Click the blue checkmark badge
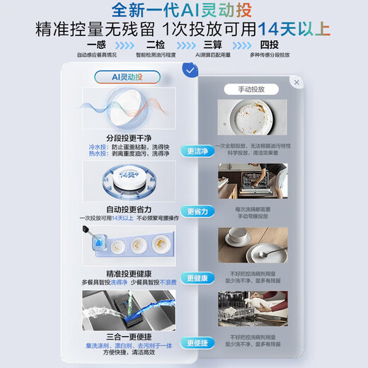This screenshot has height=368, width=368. (x=190, y=69)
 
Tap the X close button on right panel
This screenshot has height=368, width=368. (x=297, y=82)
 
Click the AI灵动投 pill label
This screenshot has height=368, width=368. (x=127, y=76)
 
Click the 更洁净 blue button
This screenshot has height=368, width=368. (x=197, y=151)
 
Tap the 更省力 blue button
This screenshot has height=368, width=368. (x=197, y=211)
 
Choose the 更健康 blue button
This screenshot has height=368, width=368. (x=197, y=278)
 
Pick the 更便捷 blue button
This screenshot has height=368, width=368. (x=197, y=343)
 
